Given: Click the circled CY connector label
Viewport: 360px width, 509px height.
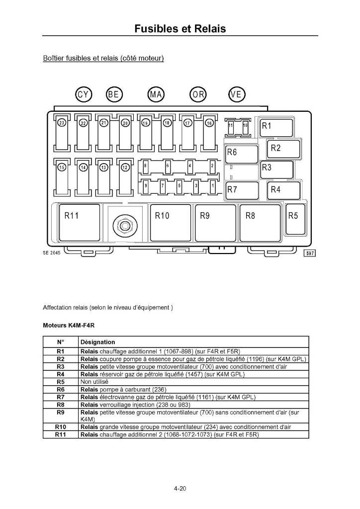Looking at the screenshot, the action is [84, 94].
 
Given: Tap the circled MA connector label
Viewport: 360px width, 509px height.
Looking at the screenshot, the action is [156, 94].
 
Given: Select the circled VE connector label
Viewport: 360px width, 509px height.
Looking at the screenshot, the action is [237, 94].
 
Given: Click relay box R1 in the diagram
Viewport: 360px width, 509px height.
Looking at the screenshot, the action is [277, 128].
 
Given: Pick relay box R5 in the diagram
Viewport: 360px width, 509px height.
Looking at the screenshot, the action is [295, 219].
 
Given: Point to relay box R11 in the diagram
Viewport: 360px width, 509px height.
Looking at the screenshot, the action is [80, 223].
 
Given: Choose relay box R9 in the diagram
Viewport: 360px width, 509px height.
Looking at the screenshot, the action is [215, 223].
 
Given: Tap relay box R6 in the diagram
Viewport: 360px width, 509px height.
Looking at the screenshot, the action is [242, 154].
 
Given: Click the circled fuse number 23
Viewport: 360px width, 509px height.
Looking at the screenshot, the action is [61, 123].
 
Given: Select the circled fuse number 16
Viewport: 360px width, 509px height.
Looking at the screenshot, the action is [209, 123].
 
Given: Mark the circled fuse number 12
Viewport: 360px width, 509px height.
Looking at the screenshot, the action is [125, 168].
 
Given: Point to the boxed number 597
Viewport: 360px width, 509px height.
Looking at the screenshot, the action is [310, 253].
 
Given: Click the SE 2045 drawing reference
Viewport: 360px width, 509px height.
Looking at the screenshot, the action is [51, 253].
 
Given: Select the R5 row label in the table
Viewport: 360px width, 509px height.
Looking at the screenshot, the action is [60, 382].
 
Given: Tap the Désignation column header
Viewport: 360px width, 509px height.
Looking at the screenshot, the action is [98, 342].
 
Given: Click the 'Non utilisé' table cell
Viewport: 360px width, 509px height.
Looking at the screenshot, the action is [94, 382].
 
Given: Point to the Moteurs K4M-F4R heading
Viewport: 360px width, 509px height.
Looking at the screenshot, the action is [69, 325].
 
